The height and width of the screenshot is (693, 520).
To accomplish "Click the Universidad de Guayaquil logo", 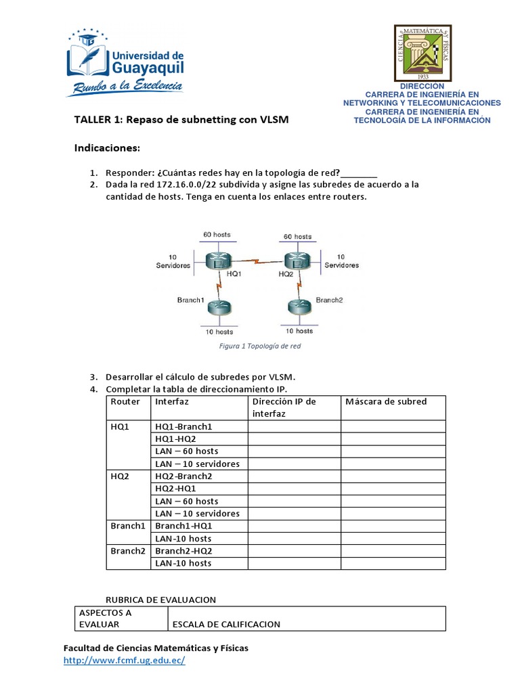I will [x=125, y=62].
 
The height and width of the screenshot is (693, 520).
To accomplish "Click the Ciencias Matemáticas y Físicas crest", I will [x=422, y=53].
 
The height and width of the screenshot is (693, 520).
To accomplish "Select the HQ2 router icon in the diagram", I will [x=297, y=260].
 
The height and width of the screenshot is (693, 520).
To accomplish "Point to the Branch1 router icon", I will [x=218, y=306].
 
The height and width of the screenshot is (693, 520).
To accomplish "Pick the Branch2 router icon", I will [x=298, y=305].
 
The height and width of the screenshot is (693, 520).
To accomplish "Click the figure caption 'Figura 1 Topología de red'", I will [x=260, y=346].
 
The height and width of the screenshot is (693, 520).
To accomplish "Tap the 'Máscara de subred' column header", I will [x=386, y=401].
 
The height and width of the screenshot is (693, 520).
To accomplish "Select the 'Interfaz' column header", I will [x=172, y=401].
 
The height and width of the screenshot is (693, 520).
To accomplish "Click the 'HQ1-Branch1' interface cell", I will [x=183, y=426].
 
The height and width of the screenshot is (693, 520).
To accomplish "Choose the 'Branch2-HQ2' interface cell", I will [x=183, y=551].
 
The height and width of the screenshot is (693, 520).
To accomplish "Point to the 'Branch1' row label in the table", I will [x=128, y=526].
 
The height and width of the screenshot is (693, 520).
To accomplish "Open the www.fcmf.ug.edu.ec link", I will [x=124, y=661].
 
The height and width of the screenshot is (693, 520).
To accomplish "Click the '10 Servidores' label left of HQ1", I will [x=173, y=261].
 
